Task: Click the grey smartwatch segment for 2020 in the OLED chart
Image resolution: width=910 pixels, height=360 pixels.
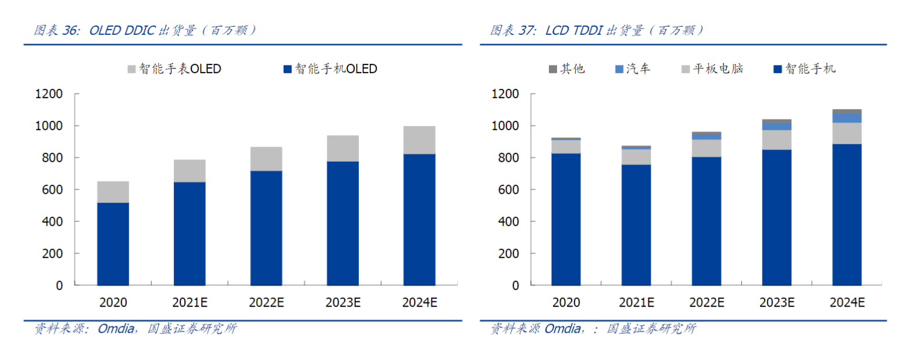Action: [113, 192]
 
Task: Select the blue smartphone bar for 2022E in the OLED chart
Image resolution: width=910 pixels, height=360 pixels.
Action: [266, 227]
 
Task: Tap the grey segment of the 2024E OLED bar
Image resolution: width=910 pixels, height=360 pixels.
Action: [419, 140]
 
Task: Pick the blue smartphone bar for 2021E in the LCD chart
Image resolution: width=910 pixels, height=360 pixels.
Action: [636, 225]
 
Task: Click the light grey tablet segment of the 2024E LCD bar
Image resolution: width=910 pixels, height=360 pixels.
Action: [847, 133]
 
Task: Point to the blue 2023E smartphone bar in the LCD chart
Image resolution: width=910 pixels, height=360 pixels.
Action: [776, 218]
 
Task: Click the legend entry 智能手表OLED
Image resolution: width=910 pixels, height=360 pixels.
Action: [174, 69]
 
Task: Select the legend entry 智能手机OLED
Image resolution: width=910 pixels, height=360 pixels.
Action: [330, 69]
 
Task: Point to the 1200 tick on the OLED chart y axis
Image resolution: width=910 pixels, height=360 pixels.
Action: [51, 94]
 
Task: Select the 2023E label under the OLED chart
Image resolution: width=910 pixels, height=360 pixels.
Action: [342, 303]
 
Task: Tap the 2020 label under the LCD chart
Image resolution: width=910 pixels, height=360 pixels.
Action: [566, 303]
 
